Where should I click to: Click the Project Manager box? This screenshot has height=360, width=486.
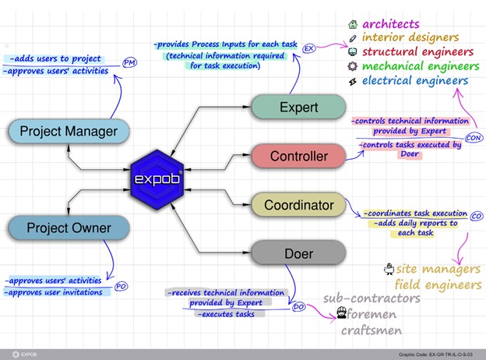click(x=69, y=130)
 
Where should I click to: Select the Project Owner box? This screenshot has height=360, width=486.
click(x=69, y=228)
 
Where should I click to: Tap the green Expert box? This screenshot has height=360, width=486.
click(x=298, y=108)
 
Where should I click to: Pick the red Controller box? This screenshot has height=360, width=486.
click(x=298, y=157)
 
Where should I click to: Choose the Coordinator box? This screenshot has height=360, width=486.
click(x=298, y=206)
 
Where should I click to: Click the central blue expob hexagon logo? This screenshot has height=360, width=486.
click(x=157, y=180)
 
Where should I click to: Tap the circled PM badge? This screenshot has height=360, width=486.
click(x=130, y=62)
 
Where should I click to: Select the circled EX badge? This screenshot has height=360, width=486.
click(x=309, y=48)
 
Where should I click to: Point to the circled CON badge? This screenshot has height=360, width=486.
click(x=474, y=137)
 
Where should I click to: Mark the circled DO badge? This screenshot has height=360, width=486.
click(x=298, y=309)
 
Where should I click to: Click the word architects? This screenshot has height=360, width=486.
click(x=392, y=24)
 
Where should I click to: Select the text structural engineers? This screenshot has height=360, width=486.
click(x=419, y=52)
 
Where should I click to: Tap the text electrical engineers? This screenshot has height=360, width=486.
click(x=414, y=80)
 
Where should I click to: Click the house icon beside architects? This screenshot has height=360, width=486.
click(x=353, y=24)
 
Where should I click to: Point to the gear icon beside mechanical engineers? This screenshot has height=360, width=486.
click(x=353, y=66)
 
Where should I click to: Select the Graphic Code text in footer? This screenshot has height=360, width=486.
click(x=435, y=354)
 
